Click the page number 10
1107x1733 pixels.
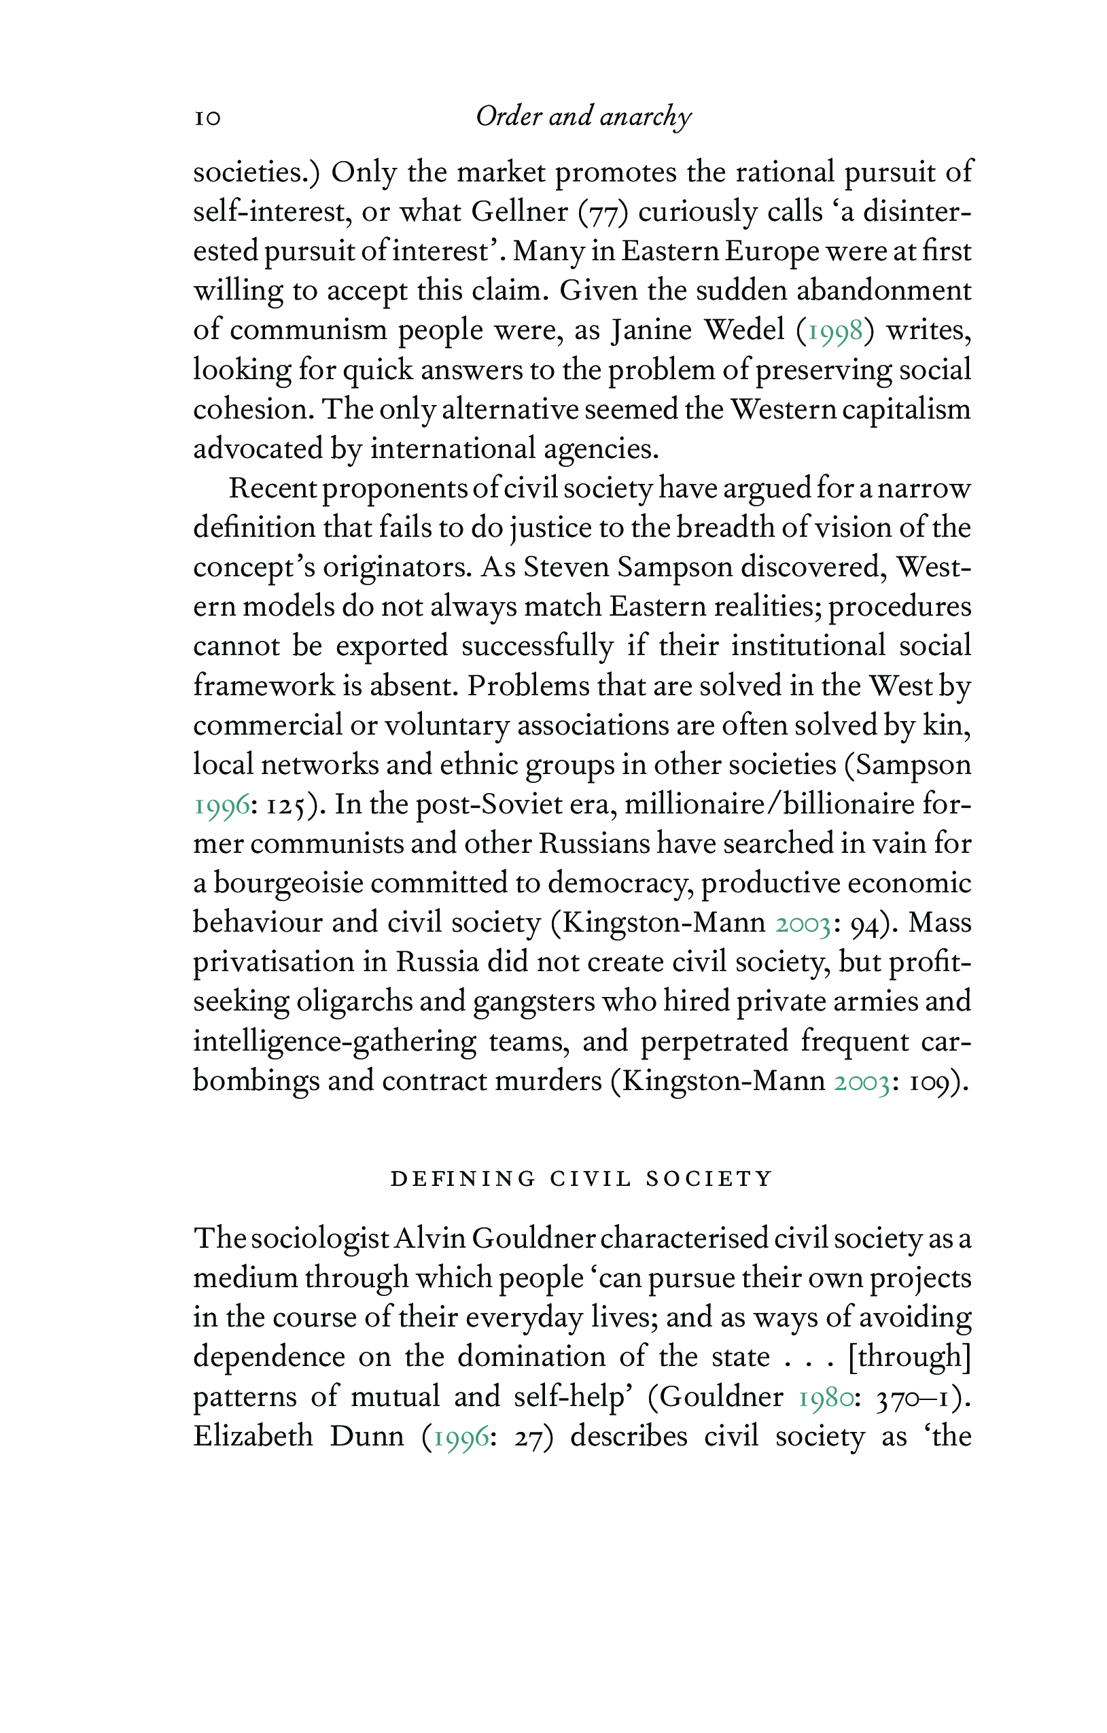tap(207, 118)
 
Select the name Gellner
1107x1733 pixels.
tap(520, 211)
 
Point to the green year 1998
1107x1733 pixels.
tap(835, 330)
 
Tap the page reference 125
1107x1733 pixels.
tap(287, 805)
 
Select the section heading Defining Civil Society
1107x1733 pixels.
tap(582, 1179)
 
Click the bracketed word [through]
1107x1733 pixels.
tap(910, 1357)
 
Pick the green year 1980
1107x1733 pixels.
tap(826, 1397)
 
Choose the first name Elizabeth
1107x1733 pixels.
tap(253, 1437)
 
